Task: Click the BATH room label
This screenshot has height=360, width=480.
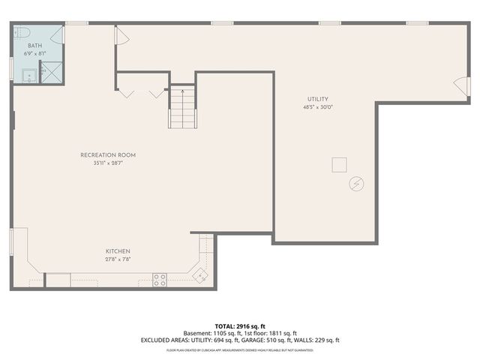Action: (x=24, y=46)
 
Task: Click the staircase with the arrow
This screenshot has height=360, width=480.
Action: (x=181, y=109)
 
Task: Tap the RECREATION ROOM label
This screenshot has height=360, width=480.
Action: (x=108, y=155)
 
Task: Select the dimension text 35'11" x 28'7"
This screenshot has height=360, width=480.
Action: (x=108, y=163)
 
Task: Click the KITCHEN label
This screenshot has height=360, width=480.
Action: (x=118, y=250)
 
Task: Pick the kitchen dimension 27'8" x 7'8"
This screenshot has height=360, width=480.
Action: (x=118, y=259)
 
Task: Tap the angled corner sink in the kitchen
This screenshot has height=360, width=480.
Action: (x=200, y=276)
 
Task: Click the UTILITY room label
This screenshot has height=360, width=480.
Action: (x=317, y=99)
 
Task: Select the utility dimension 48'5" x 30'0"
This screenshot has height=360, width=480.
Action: (x=317, y=107)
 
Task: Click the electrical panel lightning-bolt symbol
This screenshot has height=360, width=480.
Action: (x=357, y=183)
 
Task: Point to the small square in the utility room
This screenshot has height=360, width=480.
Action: (x=340, y=164)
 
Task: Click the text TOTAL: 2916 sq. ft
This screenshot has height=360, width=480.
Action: (x=240, y=325)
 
